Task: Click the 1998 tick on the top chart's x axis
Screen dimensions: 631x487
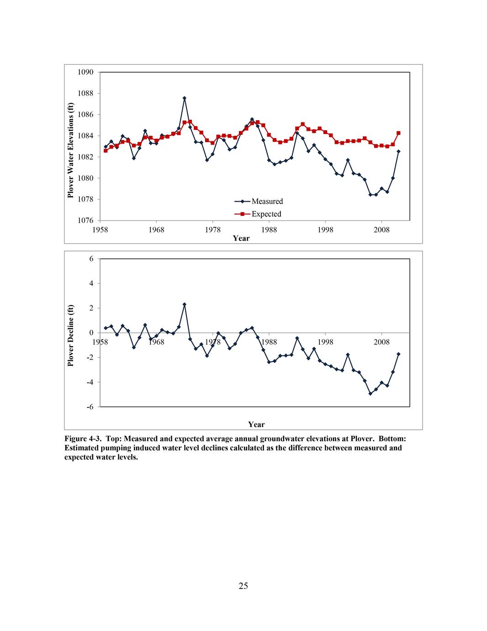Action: [325, 230]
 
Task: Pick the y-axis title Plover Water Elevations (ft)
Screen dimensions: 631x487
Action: [70, 150]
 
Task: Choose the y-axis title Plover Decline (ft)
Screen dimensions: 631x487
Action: [70, 336]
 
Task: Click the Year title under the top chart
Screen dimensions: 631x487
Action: [241, 238]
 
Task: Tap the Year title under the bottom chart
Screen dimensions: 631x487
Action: [256, 424]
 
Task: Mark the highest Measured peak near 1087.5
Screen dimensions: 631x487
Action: [185, 98]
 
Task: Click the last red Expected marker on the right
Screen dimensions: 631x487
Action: [398, 133]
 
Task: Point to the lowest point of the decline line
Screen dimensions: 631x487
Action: [371, 393]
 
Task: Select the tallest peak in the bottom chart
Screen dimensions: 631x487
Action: [185, 304]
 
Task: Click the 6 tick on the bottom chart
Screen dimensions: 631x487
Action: [91, 259]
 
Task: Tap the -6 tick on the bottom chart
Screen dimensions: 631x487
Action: [90, 407]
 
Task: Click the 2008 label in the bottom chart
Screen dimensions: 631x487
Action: [381, 342]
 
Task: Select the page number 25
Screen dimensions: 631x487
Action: [243, 586]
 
